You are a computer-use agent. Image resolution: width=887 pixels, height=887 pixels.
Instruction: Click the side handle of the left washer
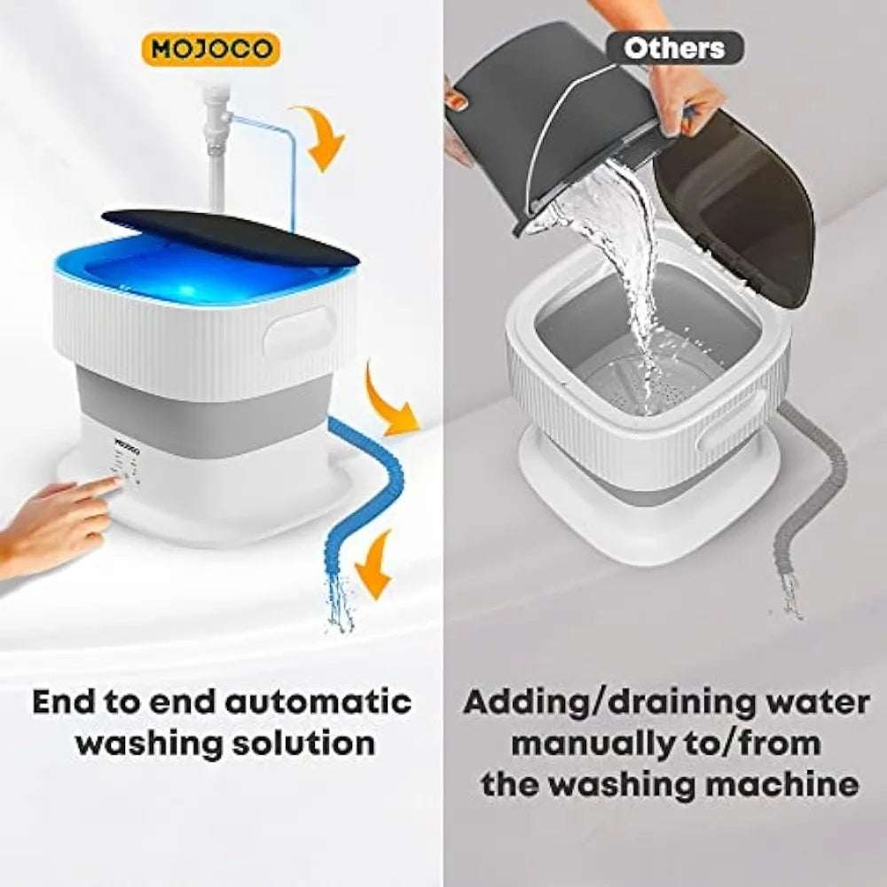300,331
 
